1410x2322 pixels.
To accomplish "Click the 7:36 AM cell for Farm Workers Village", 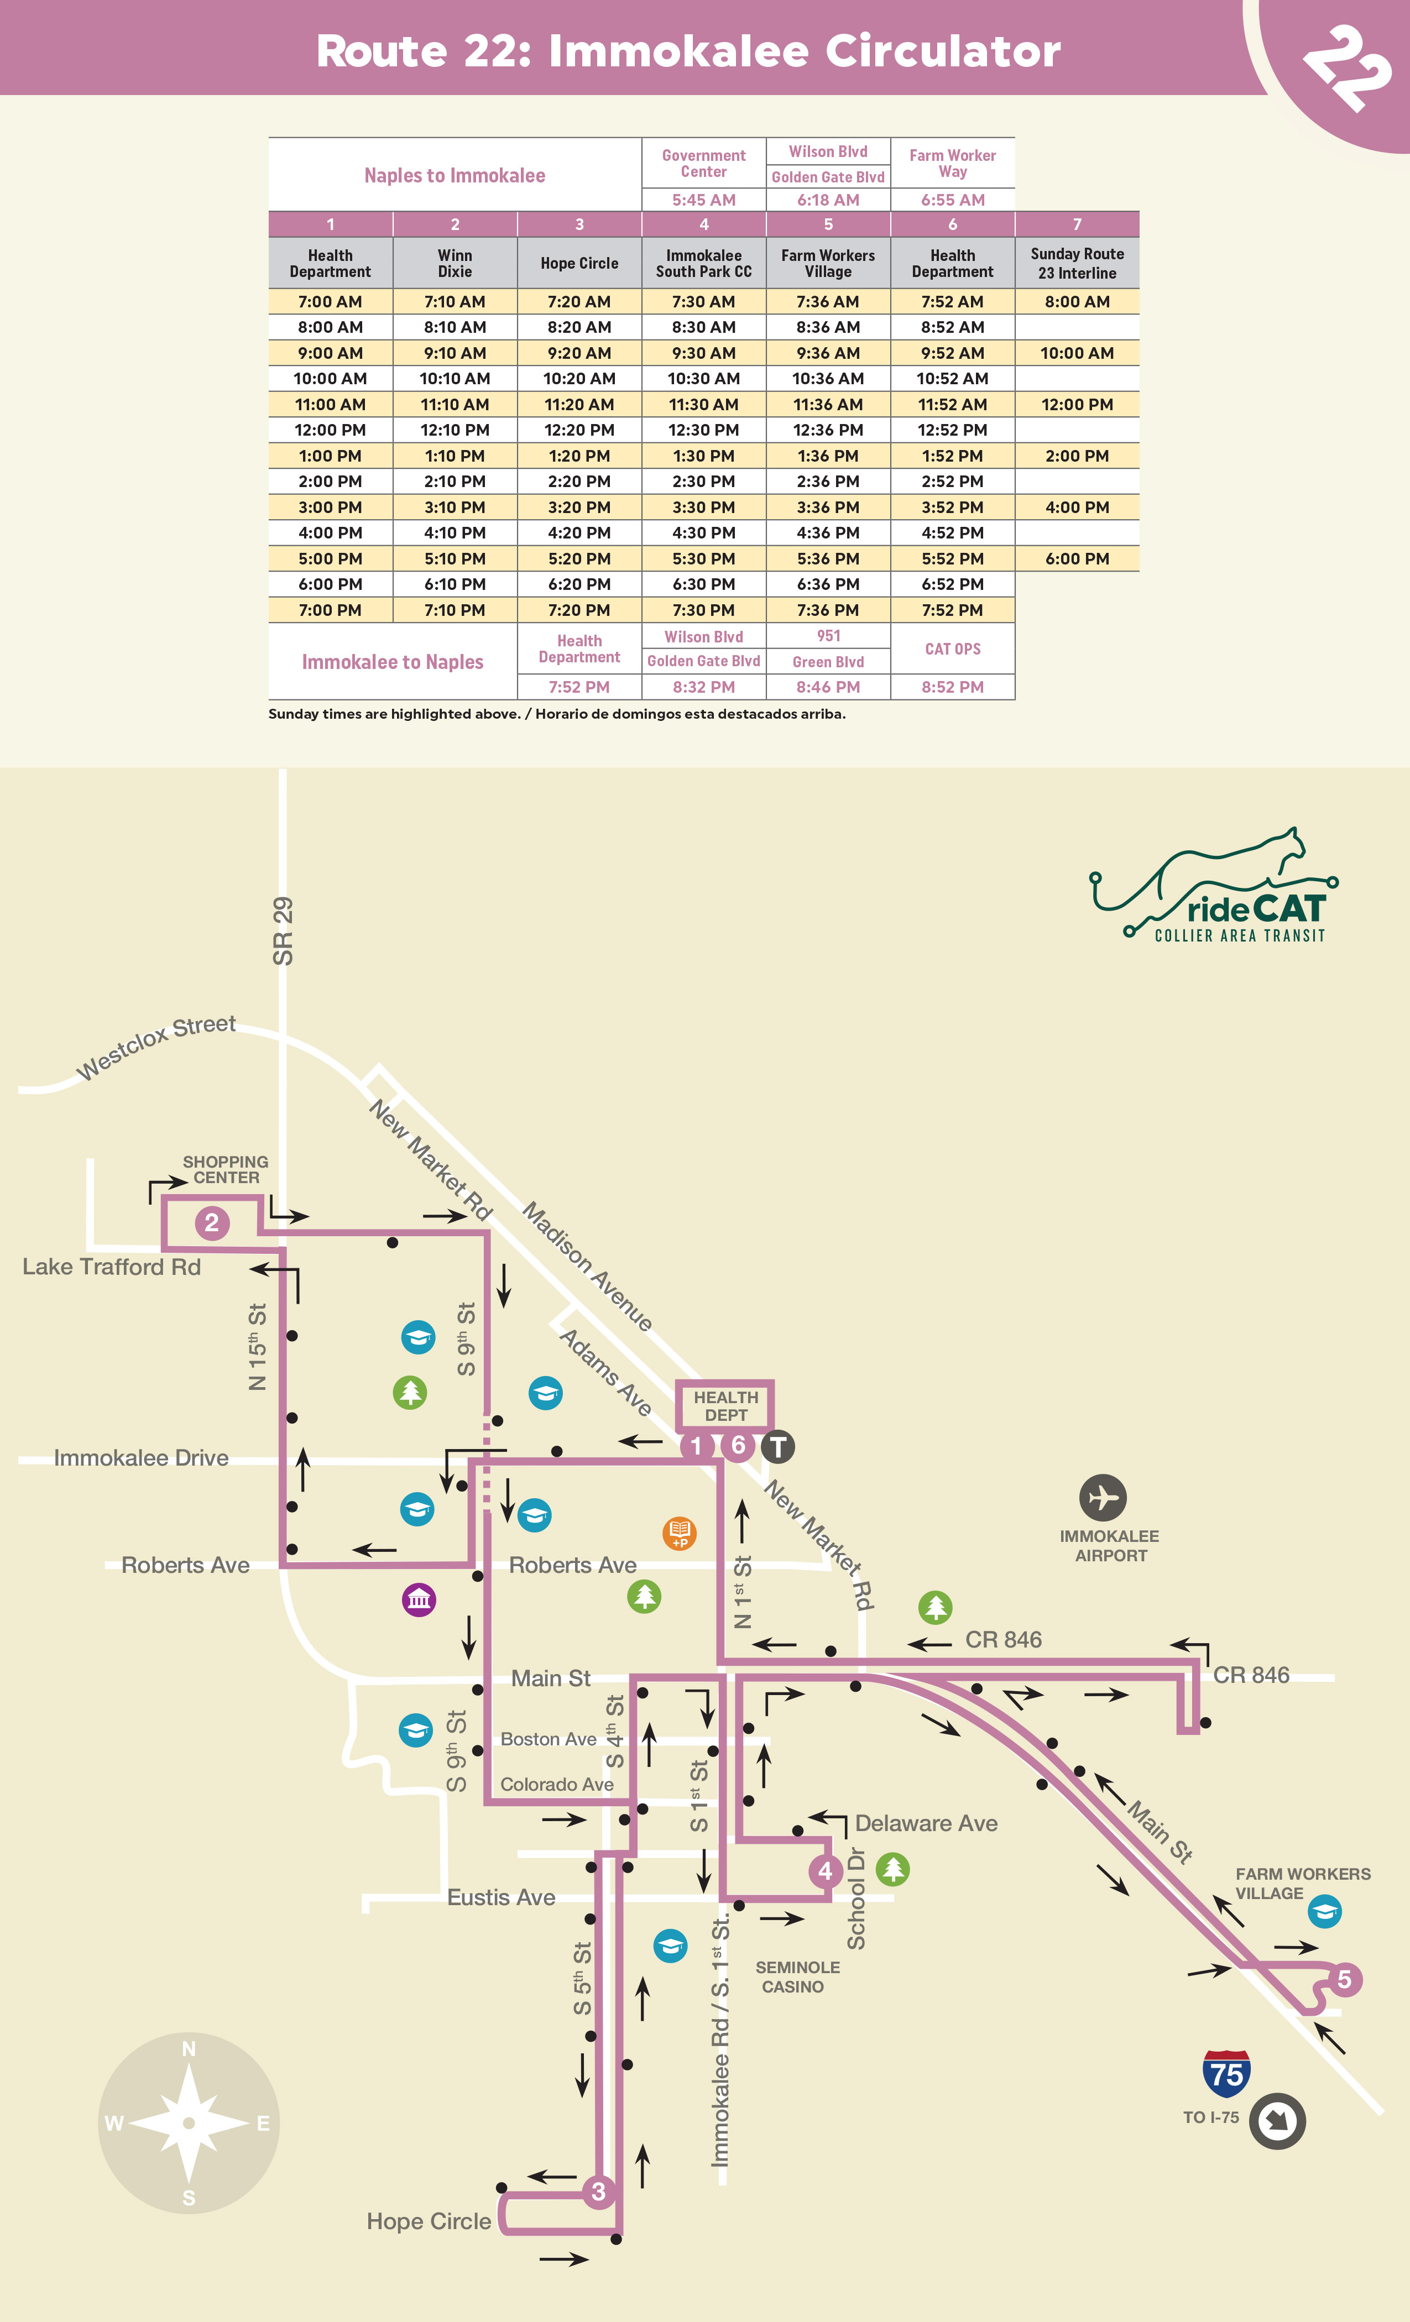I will coord(828,301).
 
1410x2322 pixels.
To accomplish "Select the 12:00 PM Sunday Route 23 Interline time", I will coord(1077,404).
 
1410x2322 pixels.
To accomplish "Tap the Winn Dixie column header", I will coord(455,263).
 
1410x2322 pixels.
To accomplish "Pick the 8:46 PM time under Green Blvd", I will coord(828,687).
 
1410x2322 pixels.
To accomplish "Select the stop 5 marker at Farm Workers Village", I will coord(1344,1980).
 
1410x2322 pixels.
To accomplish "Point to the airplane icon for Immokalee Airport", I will coord(1103,1498).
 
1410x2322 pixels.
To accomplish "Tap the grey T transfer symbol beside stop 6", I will coord(777,1446).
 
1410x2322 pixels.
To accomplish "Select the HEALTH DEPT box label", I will coord(725,1406).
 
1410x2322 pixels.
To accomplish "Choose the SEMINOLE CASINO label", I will coord(796,1977).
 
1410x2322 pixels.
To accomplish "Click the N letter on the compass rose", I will coord(189,2049).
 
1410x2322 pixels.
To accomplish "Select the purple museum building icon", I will coord(419,1599).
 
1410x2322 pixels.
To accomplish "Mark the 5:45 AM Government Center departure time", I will coord(703,200).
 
